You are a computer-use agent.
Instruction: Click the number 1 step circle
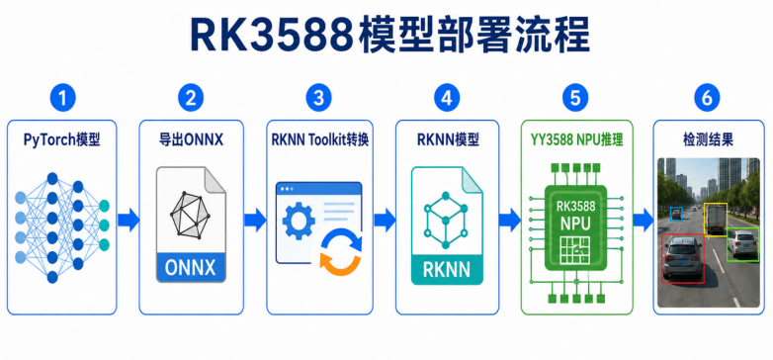pyautogui.click(x=62, y=98)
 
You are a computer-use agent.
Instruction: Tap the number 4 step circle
pyautogui.click(x=447, y=98)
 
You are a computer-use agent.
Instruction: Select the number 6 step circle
pyautogui.click(x=707, y=98)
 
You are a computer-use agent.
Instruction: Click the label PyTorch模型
pyautogui.click(x=62, y=140)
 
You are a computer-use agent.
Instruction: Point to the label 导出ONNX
pyautogui.click(x=191, y=140)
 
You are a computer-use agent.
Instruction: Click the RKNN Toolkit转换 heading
pyautogui.click(x=319, y=140)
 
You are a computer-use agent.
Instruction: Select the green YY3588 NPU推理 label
pyautogui.click(x=576, y=140)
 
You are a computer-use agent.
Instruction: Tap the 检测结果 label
pyautogui.click(x=708, y=140)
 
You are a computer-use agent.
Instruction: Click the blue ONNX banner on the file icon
pyautogui.click(x=191, y=268)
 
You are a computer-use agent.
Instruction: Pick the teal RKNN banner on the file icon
pyautogui.click(x=447, y=270)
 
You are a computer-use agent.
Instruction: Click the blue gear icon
pyautogui.click(x=299, y=221)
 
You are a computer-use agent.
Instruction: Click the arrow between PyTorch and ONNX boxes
pyautogui.click(x=129, y=219)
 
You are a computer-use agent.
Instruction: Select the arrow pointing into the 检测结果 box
pyautogui.click(x=643, y=219)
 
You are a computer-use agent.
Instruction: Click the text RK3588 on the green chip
pyautogui.click(x=575, y=206)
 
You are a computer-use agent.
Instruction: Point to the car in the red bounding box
pyautogui.click(x=682, y=258)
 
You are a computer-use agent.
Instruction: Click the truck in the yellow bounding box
pyautogui.click(x=715, y=220)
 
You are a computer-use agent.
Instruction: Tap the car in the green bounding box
pyautogui.click(x=741, y=243)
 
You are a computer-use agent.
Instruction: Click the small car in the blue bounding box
pyautogui.click(x=676, y=213)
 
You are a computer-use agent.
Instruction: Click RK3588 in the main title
pyautogui.click(x=273, y=35)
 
